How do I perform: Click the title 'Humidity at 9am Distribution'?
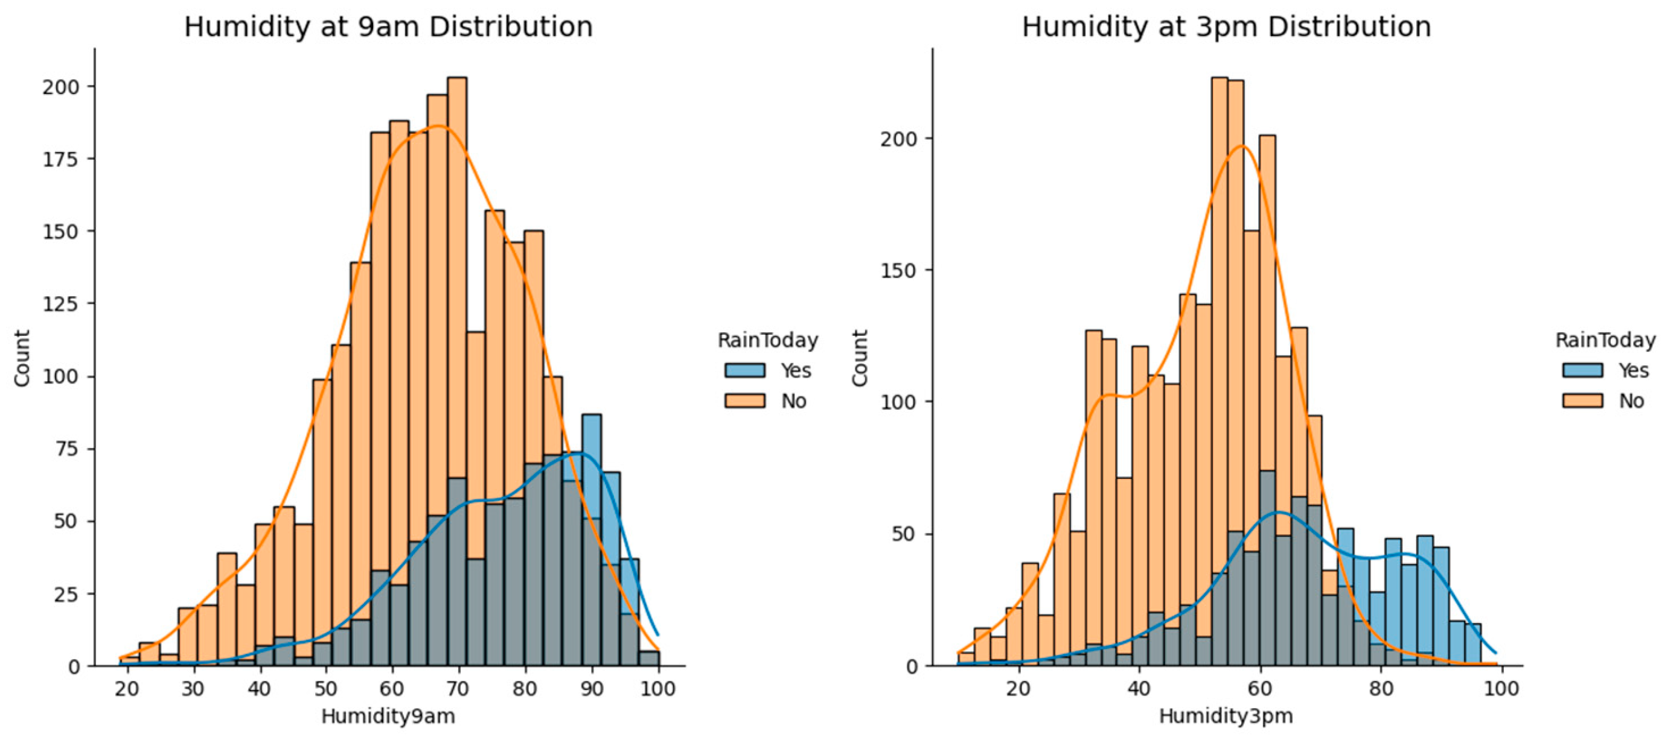[388, 27]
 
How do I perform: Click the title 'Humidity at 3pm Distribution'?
[1226, 27]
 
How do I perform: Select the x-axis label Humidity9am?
[388, 716]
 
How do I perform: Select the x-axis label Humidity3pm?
[1226, 716]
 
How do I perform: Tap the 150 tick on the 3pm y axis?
[900, 270]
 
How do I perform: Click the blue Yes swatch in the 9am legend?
[744, 370]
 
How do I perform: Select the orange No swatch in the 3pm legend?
[1582, 401]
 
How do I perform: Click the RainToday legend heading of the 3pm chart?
[1605, 340]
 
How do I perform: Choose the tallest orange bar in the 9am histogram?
[457, 258]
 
